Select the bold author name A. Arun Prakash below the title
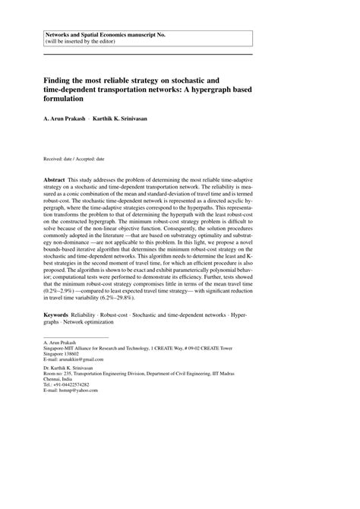pyautogui.click(x=71, y=119)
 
